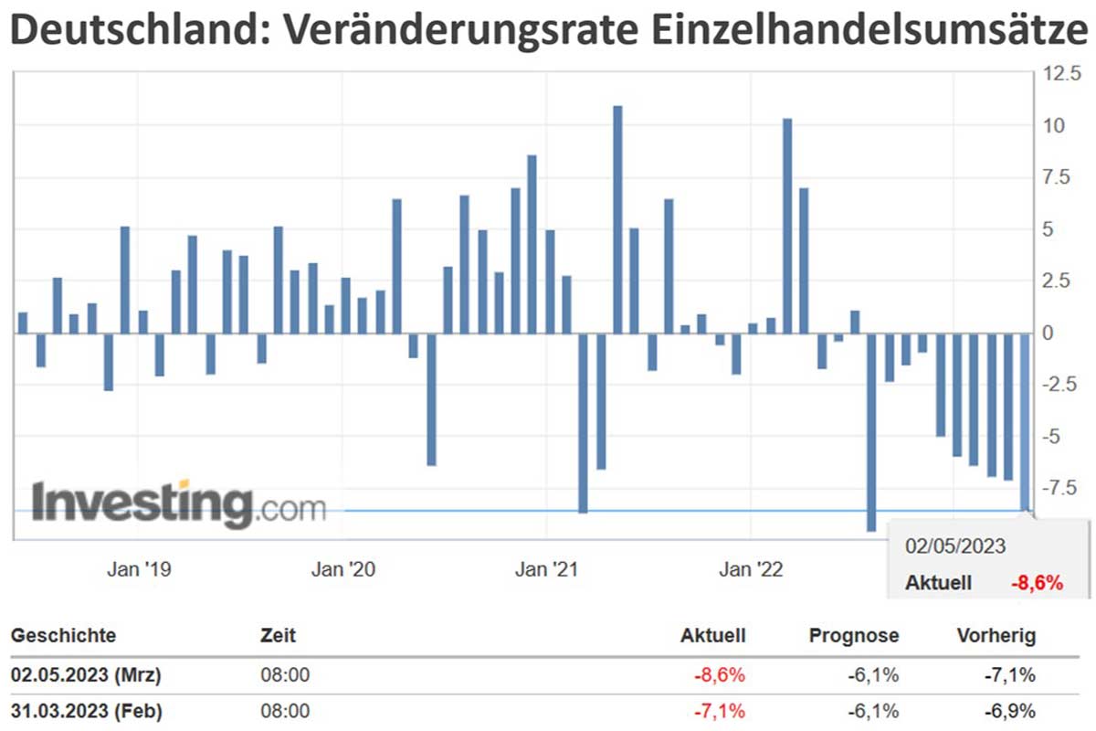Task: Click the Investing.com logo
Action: point(179,503)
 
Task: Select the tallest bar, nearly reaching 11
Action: point(617,219)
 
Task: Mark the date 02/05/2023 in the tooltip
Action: point(955,547)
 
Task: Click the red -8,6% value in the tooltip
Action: point(1037,583)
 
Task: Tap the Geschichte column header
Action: point(63,636)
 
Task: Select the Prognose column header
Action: point(854,636)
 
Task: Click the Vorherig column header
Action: point(996,636)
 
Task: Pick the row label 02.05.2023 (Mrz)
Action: point(87,676)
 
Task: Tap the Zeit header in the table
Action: point(278,636)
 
